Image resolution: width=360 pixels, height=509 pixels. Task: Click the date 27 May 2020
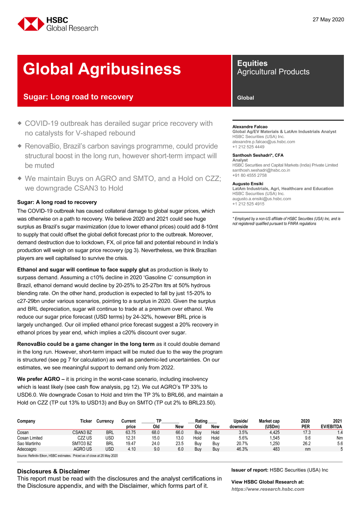pos(328,20)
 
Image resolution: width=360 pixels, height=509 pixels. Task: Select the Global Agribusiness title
pos(102,69)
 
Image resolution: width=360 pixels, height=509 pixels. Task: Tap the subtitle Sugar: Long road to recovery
pos(78,97)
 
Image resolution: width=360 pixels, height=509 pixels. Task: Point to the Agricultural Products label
pos(273,72)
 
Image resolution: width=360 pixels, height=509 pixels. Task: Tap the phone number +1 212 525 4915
pos(248,204)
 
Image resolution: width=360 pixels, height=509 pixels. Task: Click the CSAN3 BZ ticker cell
pos(82,432)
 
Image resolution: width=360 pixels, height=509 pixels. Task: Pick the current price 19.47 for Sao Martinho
pos(129,443)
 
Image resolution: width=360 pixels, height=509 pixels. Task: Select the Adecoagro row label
pos(27,449)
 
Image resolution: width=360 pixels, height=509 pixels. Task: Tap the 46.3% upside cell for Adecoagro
pos(241,449)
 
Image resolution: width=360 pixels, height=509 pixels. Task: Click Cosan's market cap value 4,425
pos(274,432)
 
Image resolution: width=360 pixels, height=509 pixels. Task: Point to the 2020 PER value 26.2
pos(305,443)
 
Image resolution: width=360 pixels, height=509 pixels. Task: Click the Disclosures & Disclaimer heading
pos(53,471)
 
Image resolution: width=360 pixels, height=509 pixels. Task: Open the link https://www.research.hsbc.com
pos(268,489)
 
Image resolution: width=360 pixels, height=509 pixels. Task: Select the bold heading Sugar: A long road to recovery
pos(57,202)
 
